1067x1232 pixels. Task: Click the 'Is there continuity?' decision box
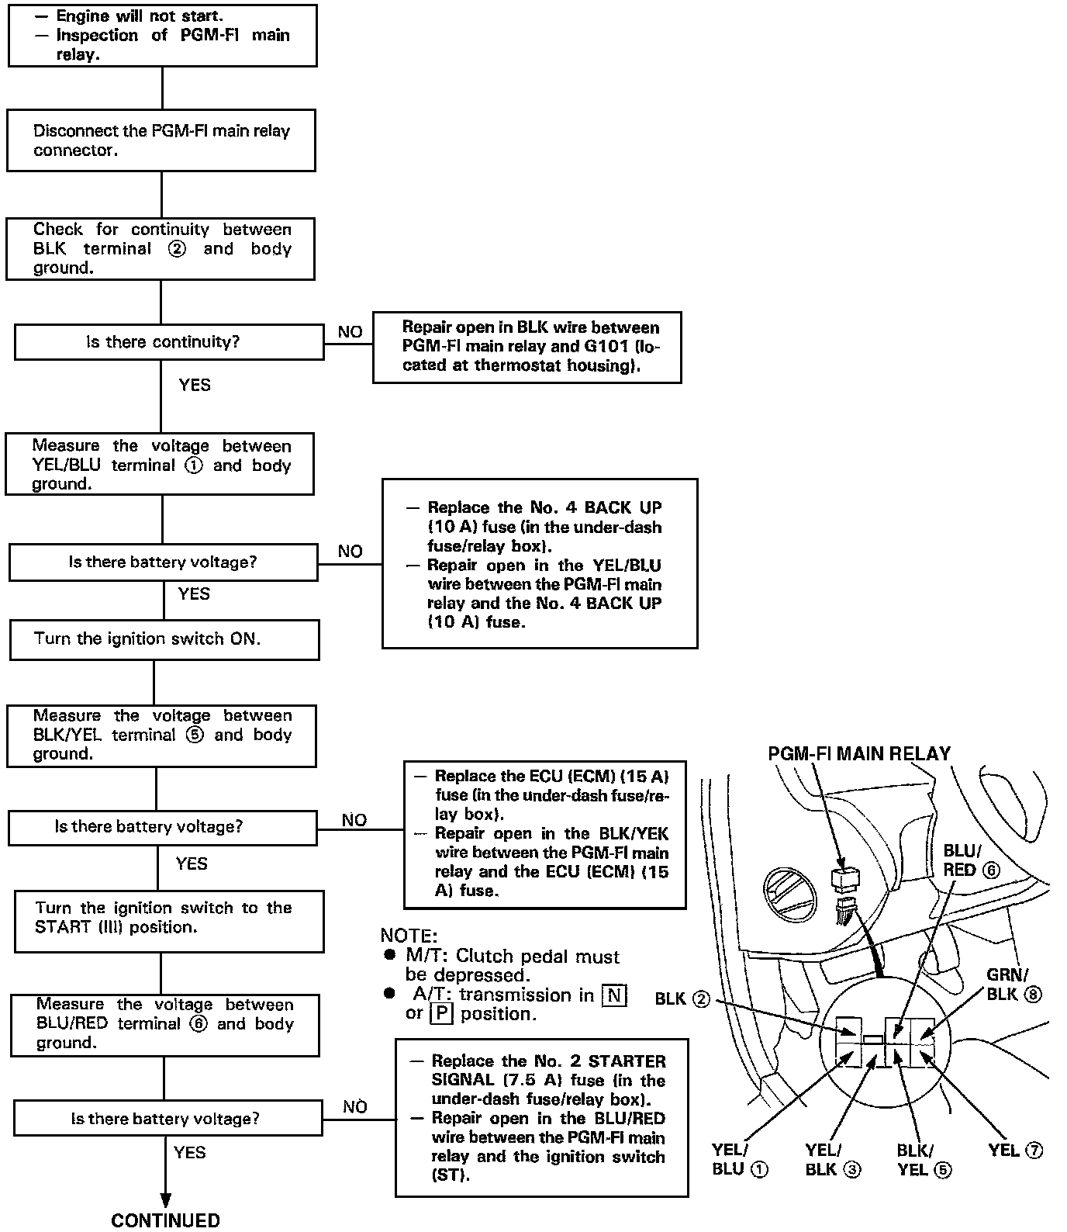pos(169,342)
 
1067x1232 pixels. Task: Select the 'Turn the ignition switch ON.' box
pos(164,639)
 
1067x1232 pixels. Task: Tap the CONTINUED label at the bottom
pos(165,1220)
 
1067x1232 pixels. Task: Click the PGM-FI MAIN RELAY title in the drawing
pos(859,754)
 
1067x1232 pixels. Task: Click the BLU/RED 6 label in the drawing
pos(971,860)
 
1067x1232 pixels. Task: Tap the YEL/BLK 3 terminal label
pos(833,1160)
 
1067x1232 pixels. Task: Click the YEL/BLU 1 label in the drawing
pos(740,1160)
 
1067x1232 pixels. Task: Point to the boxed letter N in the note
pos(614,995)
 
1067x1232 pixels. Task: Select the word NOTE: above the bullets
pos(409,936)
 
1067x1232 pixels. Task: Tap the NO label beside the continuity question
pos(350,332)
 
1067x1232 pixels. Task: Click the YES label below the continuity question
pos(194,385)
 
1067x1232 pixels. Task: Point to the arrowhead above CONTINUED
pos(165,1199)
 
